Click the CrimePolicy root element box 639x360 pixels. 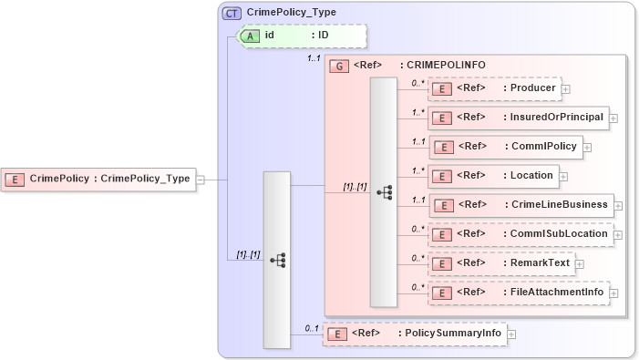coord(99,179)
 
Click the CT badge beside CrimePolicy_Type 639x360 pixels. coord(232,13)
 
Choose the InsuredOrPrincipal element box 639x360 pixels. coord(518,118)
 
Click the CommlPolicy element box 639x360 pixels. coord(505,146)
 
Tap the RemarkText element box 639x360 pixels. coord(500,262)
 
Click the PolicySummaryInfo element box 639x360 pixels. coord(414,334)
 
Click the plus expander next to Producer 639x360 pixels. coord(566,89)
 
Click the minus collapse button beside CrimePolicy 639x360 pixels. coord(201,180)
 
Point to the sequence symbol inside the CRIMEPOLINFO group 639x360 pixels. coord(384,192)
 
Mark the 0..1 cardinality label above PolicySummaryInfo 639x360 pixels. coord(311,327)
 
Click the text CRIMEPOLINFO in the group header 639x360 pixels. coord(446,66)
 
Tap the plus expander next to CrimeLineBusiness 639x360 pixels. coord(618,205)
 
